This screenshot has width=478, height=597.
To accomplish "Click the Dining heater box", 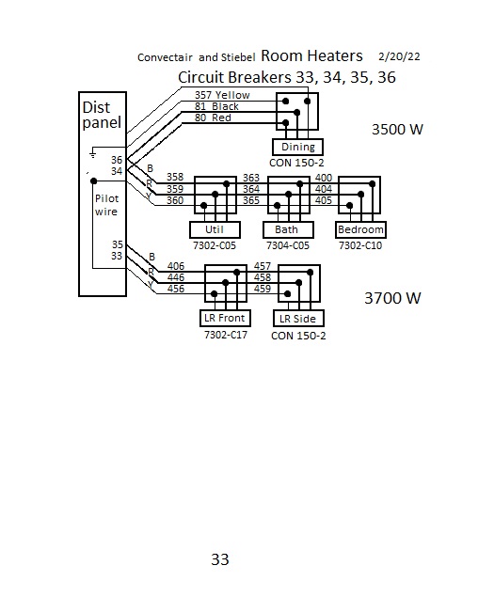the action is pos(298,147).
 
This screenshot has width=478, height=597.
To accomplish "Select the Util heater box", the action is pos(215,229).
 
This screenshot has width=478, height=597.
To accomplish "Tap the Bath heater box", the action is pos(288,229).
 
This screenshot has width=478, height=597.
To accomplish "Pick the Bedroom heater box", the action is pos(360,229).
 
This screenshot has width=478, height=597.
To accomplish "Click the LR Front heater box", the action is pos(225,319).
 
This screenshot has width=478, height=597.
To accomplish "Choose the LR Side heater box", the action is pos(298,319).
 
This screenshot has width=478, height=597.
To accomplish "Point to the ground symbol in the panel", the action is pos(92,154).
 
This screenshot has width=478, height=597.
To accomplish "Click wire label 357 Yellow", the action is pos(222,95).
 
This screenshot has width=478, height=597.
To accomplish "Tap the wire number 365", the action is pos(251,200).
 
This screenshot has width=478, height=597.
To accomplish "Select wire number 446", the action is pos(176,277).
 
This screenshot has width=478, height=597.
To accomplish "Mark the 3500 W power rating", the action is pos(397,130).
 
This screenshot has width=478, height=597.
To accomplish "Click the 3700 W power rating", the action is pos(392,298).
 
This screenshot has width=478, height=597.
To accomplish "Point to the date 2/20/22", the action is pos(399,56).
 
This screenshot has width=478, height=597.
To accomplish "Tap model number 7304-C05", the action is pos(288,245).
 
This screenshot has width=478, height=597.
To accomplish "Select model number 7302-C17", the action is pos(226,335).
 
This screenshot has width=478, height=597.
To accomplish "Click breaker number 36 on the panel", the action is pos(117,160).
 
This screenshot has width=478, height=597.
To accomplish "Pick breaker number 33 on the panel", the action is pos(117,256).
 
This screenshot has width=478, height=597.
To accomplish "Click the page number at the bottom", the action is pos(220,559).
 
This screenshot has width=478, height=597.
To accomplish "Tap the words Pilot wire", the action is pos(106,205).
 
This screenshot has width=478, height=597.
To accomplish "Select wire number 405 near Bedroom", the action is pos(324,200).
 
